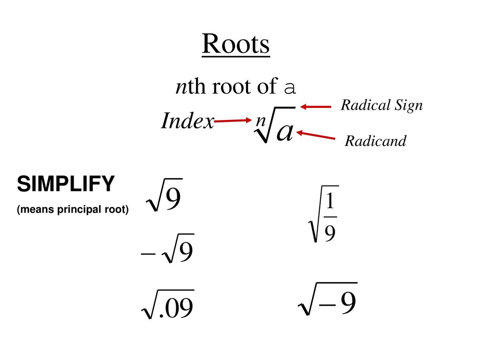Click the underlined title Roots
tap(236, 44)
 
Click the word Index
tap(187, 120)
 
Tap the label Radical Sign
tap(382, 105)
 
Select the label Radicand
tap(375, 141)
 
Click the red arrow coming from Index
tap(232, 120)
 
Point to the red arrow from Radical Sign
tap(315, 106)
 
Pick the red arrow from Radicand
tap(315, 135)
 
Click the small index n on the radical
tap(261, 120)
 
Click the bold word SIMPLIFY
tap(66, 184)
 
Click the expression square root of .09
tap(168, 304)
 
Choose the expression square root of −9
tap(328, 299)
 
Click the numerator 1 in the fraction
tap(330, 202)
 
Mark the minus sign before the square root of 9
tap(148, 254)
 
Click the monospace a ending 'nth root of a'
tap(290, 88)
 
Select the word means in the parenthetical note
tap(37, 210)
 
